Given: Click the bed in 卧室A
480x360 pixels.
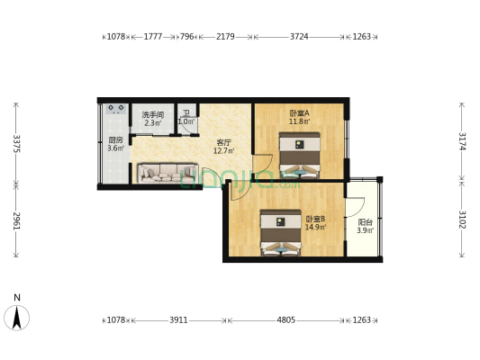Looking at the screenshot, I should pyautogui.click(x=299, y=154).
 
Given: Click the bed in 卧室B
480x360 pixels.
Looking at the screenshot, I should pyautogui.click(x=281, y=232).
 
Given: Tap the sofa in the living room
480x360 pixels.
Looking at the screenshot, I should pyautogui.click(x=168, y=173).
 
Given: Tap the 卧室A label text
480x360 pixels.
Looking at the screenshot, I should pyautogui.click(x=299, y=113).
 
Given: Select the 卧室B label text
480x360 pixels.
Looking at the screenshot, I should pyautogui.click(x=315, y=219).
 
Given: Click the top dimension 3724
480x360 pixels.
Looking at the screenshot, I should pyautogui.click(x=299, y=37).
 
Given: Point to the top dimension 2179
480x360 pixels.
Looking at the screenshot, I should pyautogui.click(x=225, y=37).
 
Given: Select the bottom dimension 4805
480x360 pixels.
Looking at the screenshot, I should pyautogui.click(x=285, y=319).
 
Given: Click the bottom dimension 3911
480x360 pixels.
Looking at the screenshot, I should pyautogui.click(x=178, y=319).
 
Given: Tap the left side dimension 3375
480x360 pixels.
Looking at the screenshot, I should pyautogui.click(x=15, y=144).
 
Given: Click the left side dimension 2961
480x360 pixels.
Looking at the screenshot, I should pyautogui.click(x=15, y=221).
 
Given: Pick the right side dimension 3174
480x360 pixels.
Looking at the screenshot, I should pyautogui.click(x=462, y=141).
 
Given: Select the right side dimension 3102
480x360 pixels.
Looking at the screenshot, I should pyautogui.click(x=462, y=221).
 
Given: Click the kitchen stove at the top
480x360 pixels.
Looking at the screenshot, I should pyautogui.click(x=116, y=110).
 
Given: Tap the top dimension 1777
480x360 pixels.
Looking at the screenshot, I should pyautogui.click(x=153, y=37).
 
